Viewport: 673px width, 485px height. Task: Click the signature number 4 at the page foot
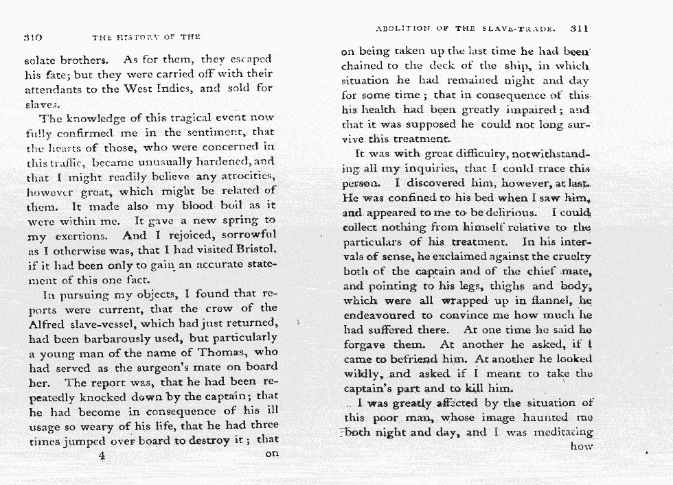coord(101,456)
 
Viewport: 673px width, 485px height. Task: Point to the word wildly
coord(366,374)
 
